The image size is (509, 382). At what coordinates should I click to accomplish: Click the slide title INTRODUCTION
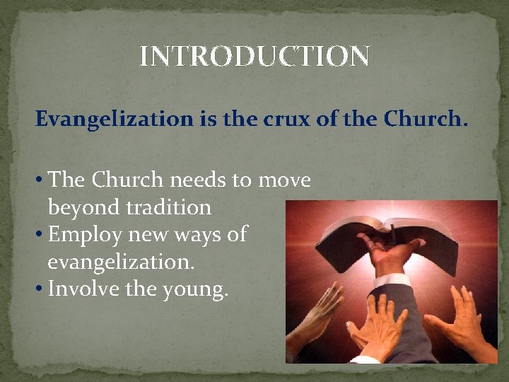tap(254, 57)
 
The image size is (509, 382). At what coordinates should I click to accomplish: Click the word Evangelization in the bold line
tap(113, 120)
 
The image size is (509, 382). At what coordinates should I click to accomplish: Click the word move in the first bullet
tap(283, 181)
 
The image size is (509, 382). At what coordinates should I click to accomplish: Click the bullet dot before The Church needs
tap(40, 181)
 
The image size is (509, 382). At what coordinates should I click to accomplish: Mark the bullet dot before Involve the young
tap(40, 288)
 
